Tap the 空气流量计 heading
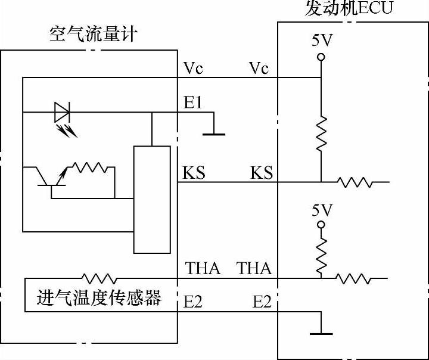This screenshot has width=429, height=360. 92,34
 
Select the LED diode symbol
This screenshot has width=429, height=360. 63,111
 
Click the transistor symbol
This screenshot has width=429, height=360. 50,179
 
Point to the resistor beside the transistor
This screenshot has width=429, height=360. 89,168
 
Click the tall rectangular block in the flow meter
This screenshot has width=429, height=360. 152,199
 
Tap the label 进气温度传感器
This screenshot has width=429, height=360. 100,297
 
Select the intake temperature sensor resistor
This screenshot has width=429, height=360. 99,278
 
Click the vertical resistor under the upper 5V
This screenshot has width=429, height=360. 321,134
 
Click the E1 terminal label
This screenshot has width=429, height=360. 193,103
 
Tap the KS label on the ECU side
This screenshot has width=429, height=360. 261,173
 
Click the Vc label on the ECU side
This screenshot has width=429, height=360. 259,69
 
